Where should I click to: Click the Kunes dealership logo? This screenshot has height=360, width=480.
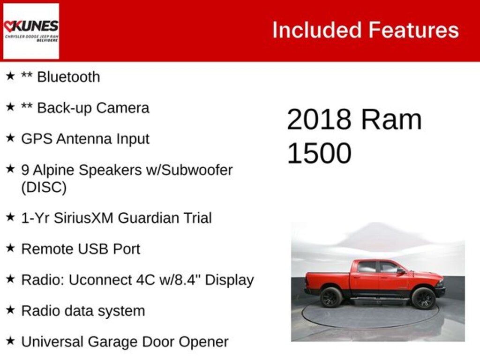coord(31,31)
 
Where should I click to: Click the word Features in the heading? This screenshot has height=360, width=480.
coord(413,30)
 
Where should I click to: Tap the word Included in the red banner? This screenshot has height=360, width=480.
coord(317,30)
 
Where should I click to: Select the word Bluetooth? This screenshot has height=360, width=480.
coord(68,77)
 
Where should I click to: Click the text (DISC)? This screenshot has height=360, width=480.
coord(44,187)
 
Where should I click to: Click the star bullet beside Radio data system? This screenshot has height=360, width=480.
coord(10,310)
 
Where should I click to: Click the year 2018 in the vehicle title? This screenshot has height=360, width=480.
coord(319,120)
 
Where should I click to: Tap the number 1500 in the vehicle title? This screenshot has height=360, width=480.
coord(319,153)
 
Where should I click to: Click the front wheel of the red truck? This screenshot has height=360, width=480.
coord(423,299)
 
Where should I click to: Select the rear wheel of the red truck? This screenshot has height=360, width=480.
coord(331,298)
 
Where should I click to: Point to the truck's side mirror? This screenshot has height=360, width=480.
coord(400,270)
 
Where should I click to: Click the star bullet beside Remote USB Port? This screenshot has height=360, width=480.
coord(10,248)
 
